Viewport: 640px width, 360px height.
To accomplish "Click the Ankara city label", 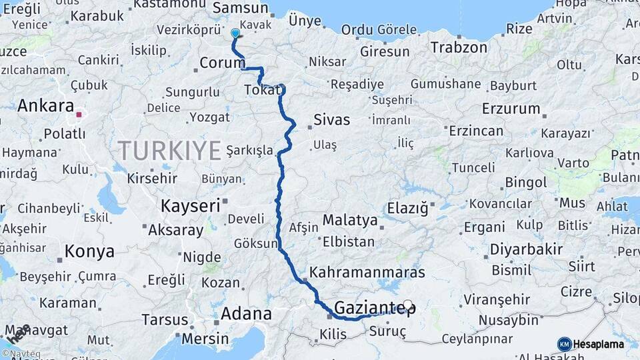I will tap(45, 105).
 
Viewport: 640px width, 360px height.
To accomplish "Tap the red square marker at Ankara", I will tap(79, 115).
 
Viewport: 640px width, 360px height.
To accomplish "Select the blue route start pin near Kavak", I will tap(235, 33).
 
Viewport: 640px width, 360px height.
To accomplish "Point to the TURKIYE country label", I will tap(169, 151).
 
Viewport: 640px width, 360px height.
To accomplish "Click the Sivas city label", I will tap(331, 121).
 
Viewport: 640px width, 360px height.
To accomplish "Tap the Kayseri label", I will tap(190, 206).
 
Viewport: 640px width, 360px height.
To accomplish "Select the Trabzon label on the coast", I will tap(459, 47).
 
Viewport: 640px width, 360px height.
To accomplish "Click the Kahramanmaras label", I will tap(367, 273).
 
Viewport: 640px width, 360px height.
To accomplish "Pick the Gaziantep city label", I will tap(375, 308).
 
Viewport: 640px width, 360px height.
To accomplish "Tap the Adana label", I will tap(246, 313).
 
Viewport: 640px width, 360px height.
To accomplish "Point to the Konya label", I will tap(89, 252).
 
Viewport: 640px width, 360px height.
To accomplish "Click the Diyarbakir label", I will tap(526, 249).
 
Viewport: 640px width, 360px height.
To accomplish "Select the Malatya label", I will tap(349, 219).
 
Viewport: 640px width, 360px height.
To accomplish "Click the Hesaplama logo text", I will tap(599, 345).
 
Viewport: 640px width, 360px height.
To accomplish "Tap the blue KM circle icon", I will tap(564, 344).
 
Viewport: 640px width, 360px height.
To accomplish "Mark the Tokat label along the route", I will tap(261, 90).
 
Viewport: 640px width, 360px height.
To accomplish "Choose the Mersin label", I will tap(205, 338).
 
